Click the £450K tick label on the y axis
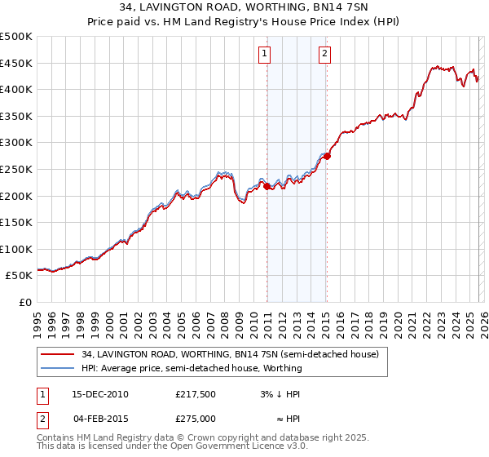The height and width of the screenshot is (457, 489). pyautogui.click(x=16, y=63)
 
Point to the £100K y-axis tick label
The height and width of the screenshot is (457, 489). pyautogui.click(x=16, y=249)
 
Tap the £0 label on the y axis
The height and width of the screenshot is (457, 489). pyautogui.click(x=24, y=302)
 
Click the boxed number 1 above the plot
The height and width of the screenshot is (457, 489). pyautogui.click(x=266, y=55)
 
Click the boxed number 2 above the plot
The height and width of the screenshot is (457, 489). pyautogui.click(x=324, y=55)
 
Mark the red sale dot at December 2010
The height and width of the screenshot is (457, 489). pyautogui.click(x=267, y=187)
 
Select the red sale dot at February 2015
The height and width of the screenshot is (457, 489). pyautogui.click(x=327, y=156)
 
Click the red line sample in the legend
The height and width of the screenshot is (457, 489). pyautogui.click(x=58, y=355)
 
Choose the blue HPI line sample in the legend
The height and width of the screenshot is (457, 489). pyautogui.click(x=58, y=368)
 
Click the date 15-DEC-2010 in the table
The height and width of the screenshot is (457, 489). pyautogui.click(x=99, y=394)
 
